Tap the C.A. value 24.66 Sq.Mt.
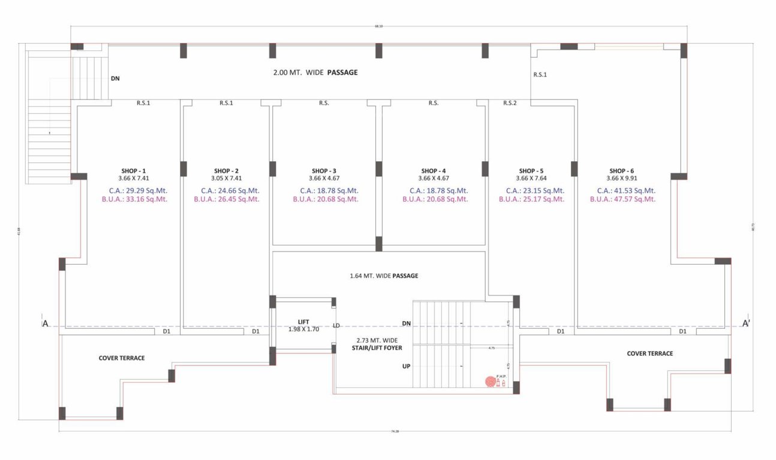(x=227, y=190)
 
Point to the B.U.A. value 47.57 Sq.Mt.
(x=622, y=199)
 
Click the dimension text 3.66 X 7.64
(x=531, y=178)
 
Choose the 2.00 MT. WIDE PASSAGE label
(x=315, y=72)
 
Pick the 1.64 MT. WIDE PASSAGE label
(x=384, y=276)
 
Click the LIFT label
(x=303, y=322)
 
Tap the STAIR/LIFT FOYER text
(x=377, y=347)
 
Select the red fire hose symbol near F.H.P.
(x=490, y=380)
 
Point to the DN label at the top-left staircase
(x=115, y=78)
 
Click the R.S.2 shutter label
(x=510, y=103)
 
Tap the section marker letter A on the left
(x=45, y=324)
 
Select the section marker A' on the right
(x=747, y=324)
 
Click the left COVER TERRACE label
(x=122, y=358)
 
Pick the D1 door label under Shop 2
(x=256, y=331)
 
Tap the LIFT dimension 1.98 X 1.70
(x=303, y=329)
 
